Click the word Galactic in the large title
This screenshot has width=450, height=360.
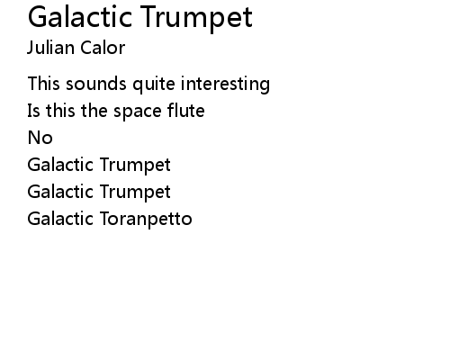tap(80, 17)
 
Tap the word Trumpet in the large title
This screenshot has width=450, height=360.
tap(196, 19)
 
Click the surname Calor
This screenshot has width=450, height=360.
tap(103, 48)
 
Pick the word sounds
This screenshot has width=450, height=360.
tap(96, 84)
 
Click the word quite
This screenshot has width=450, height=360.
tap(154, 84)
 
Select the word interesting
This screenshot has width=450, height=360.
tap(225, 84)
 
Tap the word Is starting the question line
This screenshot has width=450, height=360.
tap(33, 111)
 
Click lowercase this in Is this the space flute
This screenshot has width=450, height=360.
tap(60, 111)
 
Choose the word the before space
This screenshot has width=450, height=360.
tap(94, 111)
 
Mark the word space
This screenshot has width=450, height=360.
tap(138, 112)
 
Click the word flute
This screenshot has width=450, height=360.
tap(186, 110)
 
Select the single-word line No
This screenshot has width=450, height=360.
tap(40, 138)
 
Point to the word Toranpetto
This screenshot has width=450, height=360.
tap(146, 219)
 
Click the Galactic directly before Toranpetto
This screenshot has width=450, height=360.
tap(60, 218)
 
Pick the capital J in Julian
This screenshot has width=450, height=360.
tap(31, 48)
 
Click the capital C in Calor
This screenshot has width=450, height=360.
tap(86, 48)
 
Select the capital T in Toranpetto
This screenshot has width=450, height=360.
tap(105, 219)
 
